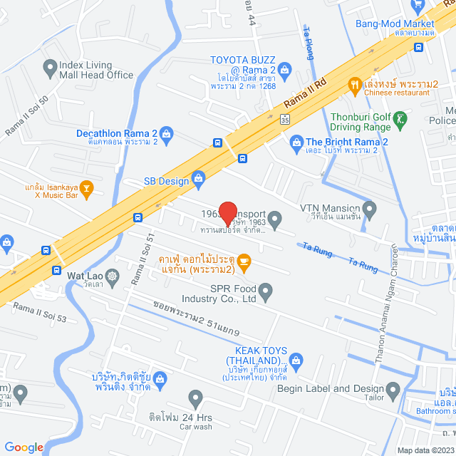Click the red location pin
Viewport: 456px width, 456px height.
227,214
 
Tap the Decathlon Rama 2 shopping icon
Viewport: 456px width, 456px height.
166,133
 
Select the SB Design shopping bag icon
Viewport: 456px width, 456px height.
198,178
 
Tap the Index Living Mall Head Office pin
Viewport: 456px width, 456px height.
50,68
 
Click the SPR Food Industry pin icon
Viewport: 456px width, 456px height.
265,290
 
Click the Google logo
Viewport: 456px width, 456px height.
24,447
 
